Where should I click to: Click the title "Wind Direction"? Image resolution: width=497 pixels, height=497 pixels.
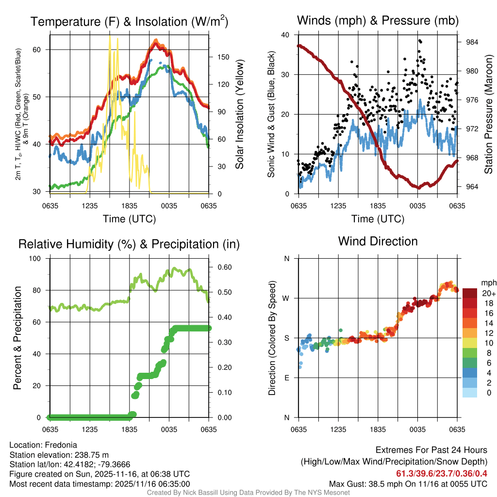click(x=378, y=241)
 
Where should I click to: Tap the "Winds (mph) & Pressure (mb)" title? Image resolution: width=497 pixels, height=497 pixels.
click(x=378, y=21)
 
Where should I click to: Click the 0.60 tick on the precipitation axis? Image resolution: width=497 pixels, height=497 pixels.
click(x=223, y=267)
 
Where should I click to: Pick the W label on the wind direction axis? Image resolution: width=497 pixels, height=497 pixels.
click(x=286, y=298)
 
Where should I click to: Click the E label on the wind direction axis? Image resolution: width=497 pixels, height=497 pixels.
click(x=286, y=378)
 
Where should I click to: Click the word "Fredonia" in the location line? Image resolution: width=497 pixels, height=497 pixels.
click(x=61, y=445)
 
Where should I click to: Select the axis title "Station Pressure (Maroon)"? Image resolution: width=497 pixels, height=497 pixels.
click(x=488, y=114)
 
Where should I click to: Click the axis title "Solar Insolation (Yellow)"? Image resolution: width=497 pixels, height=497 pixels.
click(x=239, y=114)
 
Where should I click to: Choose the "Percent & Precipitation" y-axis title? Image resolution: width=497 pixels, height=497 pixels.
click(x=17, y=338)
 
